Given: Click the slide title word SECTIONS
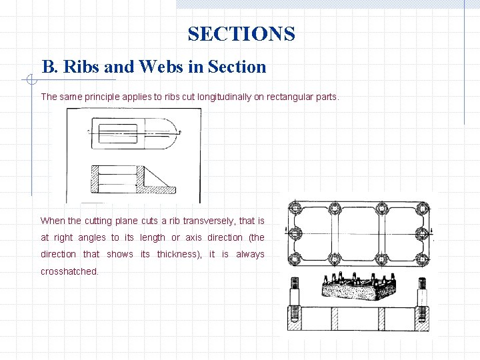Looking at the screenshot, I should (241, 34).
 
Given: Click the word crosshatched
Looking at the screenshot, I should (69, 271).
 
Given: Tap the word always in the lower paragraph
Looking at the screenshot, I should (250, 254).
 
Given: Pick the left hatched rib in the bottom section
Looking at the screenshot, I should (337, 319).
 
